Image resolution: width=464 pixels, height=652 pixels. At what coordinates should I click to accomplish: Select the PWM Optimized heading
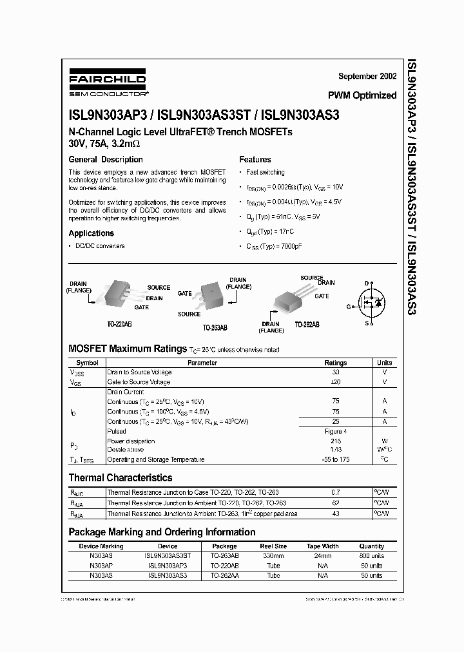[362, 95]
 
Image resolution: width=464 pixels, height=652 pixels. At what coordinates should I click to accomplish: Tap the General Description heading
[106, 159]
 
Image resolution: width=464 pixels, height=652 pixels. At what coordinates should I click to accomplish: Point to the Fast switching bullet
[265, 173]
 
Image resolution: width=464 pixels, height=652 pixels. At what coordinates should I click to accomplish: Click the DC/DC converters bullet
[100, 246]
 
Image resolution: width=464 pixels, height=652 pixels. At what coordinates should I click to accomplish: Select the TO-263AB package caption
[214, 327]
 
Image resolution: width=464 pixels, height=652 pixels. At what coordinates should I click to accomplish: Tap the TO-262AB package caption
[307, 325]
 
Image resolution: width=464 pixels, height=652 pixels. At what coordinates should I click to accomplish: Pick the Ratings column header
[335, 363]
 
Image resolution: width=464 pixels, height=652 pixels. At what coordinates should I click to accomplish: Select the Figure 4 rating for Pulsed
[335, 431]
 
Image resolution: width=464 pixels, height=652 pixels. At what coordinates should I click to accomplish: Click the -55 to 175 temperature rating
[335, 459]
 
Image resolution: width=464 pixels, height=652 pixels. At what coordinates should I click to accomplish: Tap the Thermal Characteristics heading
[121, 478]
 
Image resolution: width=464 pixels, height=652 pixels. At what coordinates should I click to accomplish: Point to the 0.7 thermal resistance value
[335, 493]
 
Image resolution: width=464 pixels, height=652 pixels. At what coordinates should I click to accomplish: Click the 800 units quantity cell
[371, 555]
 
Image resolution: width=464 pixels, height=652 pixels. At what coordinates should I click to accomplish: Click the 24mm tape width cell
[322, 555]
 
